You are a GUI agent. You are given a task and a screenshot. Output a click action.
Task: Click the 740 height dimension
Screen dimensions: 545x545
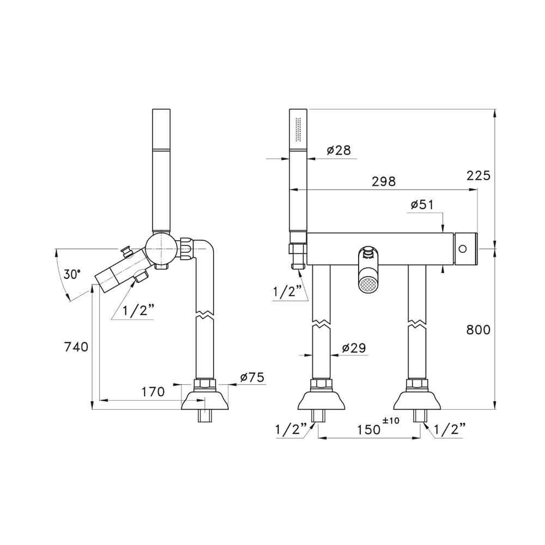(76, 347)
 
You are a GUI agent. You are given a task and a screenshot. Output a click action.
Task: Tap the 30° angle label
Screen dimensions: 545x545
(72, 274)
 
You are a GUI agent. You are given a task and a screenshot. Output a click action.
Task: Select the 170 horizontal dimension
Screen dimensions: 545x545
(153, 392)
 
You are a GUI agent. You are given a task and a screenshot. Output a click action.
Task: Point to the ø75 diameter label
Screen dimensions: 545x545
(252, 377)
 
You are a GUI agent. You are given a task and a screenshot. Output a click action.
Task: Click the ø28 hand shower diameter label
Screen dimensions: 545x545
(339, 150)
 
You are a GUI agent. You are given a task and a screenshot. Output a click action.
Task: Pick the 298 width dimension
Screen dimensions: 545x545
(384, 181)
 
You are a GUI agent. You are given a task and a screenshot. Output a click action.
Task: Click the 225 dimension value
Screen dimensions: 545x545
(479, 175)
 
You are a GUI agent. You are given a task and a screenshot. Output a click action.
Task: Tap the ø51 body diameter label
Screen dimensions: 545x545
(422, 205)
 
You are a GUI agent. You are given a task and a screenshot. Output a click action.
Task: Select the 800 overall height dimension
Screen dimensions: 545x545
(479, 330)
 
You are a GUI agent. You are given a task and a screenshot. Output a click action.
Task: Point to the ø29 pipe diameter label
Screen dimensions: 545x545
(354, 348)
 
